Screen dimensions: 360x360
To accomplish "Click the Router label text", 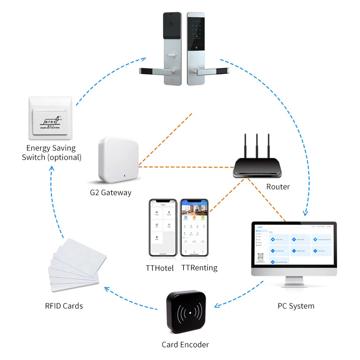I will tap(278, 187).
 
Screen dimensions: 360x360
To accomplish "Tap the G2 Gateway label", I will tap(110, 193).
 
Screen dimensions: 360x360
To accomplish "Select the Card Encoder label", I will tap(185, 345).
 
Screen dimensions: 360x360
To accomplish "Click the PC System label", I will tap(296, 306).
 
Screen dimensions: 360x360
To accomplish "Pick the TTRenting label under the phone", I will tap(199, 268).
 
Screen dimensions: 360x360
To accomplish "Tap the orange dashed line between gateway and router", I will tap(184, 167).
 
